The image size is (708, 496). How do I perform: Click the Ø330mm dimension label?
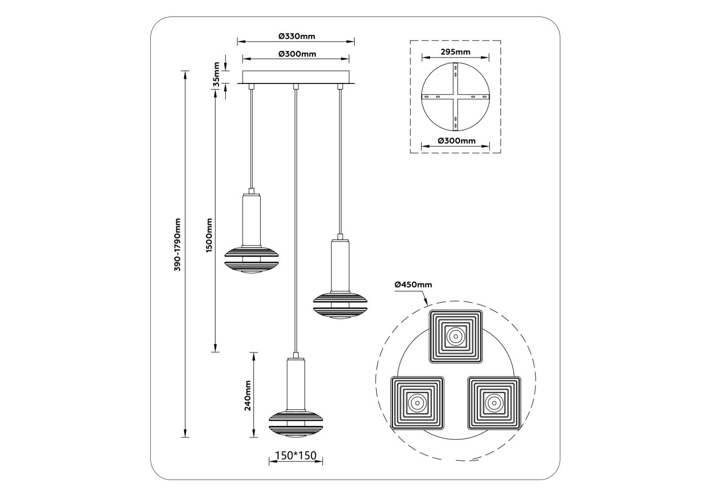coord(297,36)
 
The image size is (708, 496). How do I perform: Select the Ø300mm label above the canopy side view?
coord(297,54)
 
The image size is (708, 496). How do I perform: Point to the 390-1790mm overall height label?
coord(177,245)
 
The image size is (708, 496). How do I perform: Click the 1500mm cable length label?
coord(209,235)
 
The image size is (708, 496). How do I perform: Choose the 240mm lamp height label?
coord(248,396)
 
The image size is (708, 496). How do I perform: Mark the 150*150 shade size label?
coord(295,455)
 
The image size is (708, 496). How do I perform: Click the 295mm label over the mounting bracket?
coord(456,52)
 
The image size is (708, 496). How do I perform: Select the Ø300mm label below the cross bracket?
coord(457,141)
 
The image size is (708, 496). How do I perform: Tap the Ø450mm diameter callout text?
coord(413,285)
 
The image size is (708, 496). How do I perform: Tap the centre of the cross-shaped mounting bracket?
coord(456,96)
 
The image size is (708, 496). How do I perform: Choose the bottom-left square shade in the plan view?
coord(417,403)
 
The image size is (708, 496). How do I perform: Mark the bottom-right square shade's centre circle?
coord(493,403)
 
